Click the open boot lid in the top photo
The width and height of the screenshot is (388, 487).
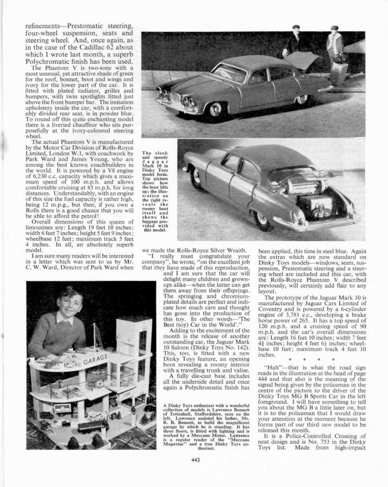(303, 60)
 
